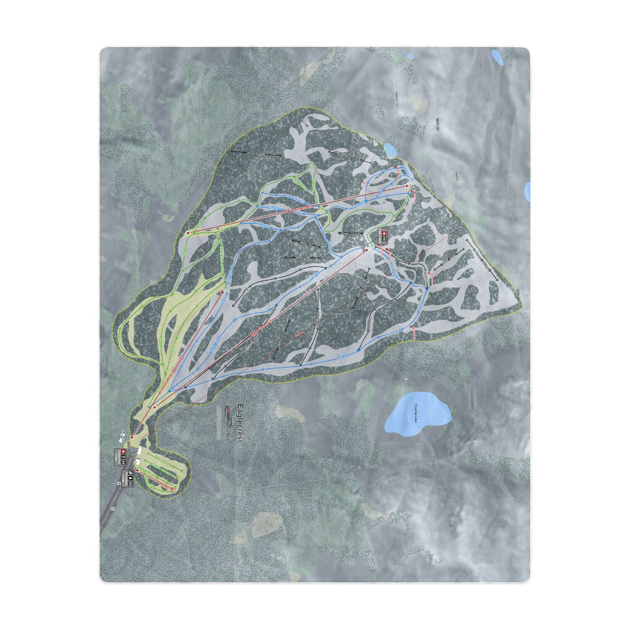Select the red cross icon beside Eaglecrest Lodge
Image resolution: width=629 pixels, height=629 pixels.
124,452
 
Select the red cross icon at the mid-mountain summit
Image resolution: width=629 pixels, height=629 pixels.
382,234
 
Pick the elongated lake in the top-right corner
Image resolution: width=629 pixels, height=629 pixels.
497,56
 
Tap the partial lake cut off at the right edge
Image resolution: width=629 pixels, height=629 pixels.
527,192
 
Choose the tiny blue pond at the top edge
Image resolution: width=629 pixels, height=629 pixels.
408,56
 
